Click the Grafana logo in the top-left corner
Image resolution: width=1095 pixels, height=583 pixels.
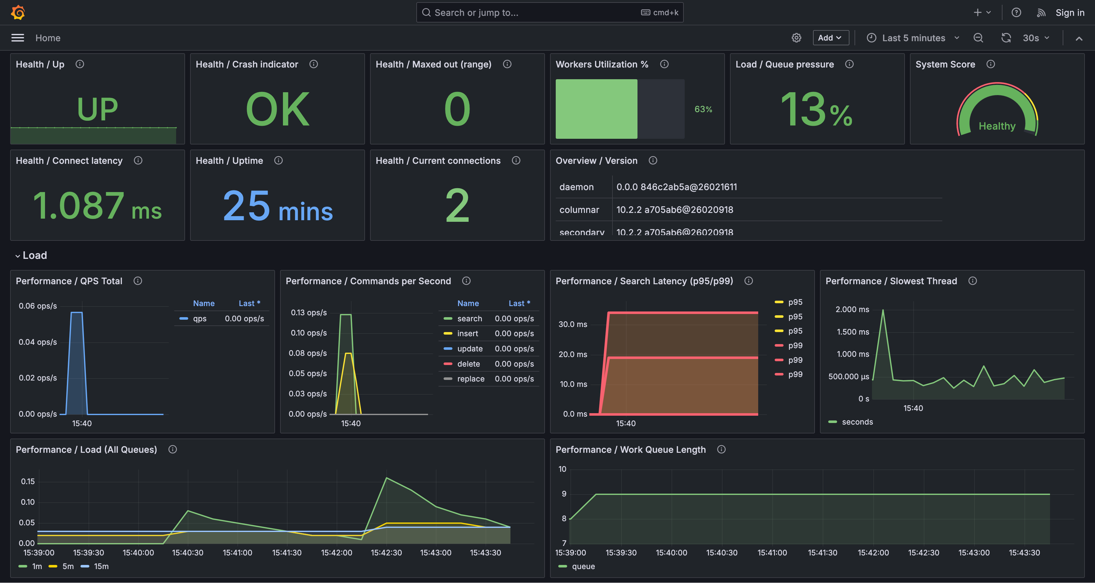[x=18, y=12]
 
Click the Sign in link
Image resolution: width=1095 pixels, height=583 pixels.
[x=1070, y=13]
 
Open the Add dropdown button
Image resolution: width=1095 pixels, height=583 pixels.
[x=830, y=38]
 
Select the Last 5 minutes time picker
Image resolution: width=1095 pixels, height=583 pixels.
[x=913, y=38]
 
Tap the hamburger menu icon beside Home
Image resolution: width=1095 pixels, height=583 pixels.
[x=17, y=38]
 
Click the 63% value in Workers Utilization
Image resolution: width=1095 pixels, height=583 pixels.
[x=703, y=109]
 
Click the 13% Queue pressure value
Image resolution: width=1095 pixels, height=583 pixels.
[x=816, y=110]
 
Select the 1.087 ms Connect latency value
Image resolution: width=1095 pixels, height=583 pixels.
[x=97, y=206]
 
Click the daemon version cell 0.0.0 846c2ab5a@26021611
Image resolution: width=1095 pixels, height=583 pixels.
[x=676, y=187]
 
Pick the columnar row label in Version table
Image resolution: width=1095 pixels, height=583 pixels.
[x=579, y=210]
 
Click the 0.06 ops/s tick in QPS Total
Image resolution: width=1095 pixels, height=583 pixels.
[x=38, y=306]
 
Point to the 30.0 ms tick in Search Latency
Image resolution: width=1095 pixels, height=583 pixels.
[x=573, y=324]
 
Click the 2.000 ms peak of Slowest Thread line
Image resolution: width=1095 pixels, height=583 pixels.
[x=883, y=311]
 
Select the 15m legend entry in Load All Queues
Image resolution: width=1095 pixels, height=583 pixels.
[x=101, y=567]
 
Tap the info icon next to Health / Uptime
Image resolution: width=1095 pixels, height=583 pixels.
[x=279, y=160]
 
